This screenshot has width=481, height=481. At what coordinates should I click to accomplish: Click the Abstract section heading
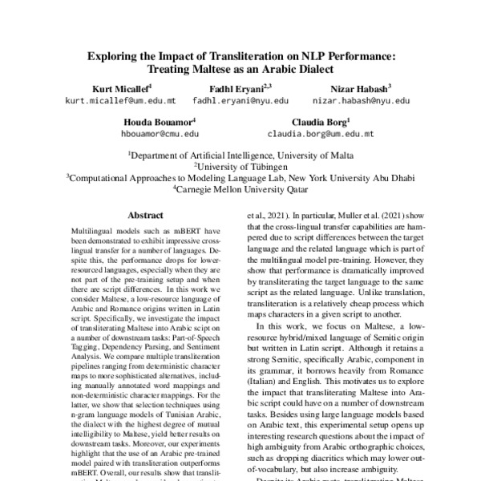coord(146,216)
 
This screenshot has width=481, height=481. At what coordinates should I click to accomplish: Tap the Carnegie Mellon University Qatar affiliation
coord(240,191)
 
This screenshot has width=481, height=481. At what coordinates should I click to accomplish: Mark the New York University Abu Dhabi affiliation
coord(240,179)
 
